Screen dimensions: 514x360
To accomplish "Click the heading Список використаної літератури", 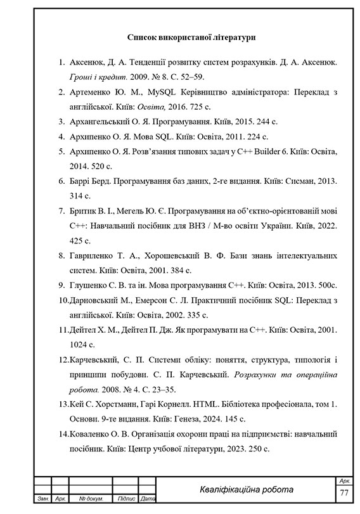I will tap(191, 38).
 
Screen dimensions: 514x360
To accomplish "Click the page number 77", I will tap(344, 493).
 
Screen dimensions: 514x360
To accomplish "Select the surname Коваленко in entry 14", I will tap(93, 434).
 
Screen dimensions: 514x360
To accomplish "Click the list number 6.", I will tap(61, 181).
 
